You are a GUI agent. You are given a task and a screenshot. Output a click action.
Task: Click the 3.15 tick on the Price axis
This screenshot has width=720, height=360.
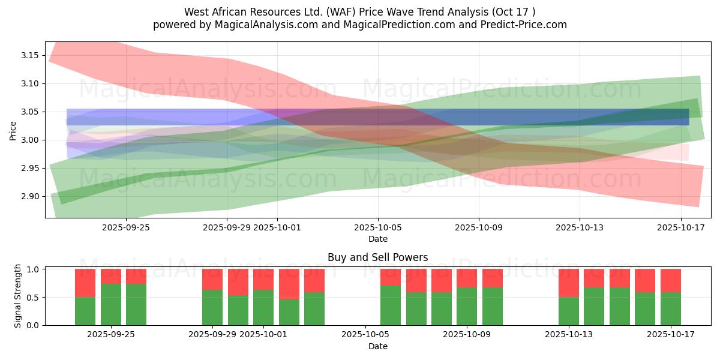[30, 55]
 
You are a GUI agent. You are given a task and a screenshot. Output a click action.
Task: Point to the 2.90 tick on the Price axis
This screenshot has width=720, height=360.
[30, 196]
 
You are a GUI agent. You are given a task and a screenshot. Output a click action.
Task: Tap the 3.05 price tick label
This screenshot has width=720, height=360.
[30, 112]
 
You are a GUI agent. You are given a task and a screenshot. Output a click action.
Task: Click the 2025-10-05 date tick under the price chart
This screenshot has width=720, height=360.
[378, 227]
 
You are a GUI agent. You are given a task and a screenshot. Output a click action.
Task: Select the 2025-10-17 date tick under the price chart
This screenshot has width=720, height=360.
[681, 227]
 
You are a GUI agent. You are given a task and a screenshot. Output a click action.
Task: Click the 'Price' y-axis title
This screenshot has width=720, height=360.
[13, 130]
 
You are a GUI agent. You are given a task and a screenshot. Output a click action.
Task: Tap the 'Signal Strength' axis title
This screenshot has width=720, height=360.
[18, 296]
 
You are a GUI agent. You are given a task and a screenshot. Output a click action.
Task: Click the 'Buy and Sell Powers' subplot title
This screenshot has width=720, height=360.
[377, 257]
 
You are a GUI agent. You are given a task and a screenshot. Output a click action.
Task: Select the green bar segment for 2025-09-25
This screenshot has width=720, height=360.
[111, 304]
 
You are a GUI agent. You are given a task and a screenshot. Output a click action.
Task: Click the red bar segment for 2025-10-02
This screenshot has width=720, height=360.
[289, 284]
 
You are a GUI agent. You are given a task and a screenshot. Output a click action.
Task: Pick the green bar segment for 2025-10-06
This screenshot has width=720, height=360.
[391, 305]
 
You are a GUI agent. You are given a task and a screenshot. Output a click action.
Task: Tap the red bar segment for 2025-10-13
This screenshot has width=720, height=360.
[569, 283]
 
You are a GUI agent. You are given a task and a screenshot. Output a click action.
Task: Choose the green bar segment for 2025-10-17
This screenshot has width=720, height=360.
[671, 308]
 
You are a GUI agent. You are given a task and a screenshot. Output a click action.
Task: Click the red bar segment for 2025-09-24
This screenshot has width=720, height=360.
[85, 283]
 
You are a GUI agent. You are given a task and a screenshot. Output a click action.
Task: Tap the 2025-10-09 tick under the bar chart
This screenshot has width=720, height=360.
[467, 334]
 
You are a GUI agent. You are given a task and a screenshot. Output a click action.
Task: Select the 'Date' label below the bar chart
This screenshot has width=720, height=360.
[377, 346]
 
